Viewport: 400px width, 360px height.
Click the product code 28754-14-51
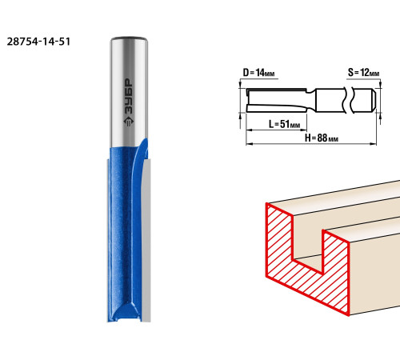(x=38, y=42)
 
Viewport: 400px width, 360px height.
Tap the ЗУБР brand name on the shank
(x=129, y=97)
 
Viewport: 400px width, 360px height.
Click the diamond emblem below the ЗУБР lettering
(x=129, y=121)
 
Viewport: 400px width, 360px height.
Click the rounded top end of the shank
(x=129, y=39)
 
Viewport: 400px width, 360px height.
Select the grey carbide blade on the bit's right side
(x=146, y=240)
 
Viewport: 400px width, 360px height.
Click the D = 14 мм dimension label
(x=258, y=73)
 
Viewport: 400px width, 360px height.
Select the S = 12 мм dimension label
(x=364, y=73)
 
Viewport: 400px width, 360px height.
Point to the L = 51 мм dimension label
(x=284, y=124)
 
